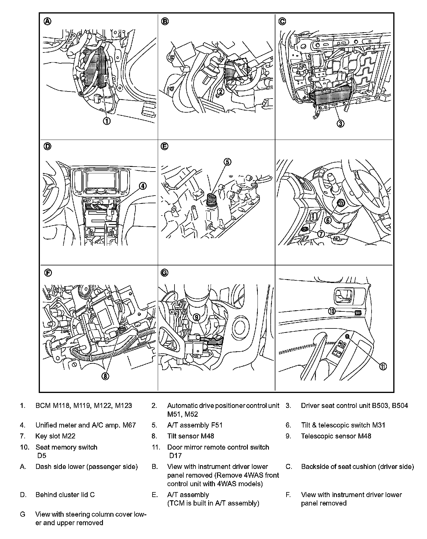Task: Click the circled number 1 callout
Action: [x=106, y=121]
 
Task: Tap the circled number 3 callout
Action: [x=340, y=123]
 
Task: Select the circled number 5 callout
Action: [x=228, y=162]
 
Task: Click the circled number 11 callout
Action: [x=383, y=366]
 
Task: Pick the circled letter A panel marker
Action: [x=47, y=21]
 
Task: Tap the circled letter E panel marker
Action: [x=165, y=146]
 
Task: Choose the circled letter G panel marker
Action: [x=165, y=273]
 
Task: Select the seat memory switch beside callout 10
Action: [x=358, y=313]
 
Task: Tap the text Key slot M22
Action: [x=55, y=436]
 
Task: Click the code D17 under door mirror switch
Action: [x=175, y=456]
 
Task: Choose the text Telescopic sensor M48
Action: [x=336, y=436]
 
